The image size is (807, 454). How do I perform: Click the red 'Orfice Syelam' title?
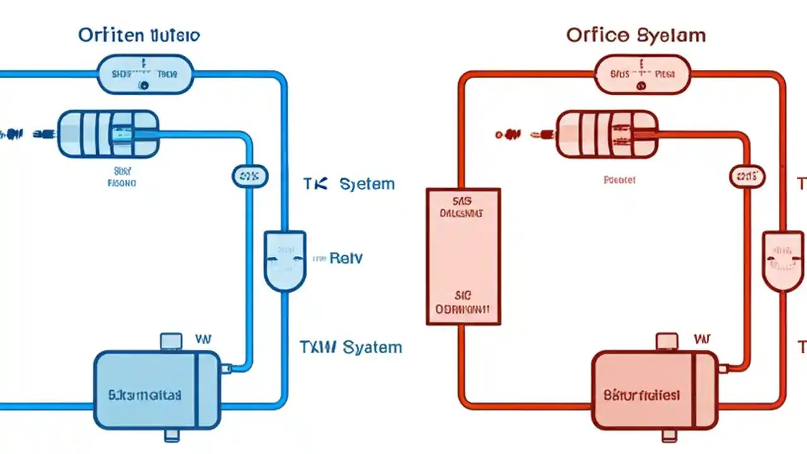(x=636, y=35)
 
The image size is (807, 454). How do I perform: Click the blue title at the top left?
(x=139, y=35)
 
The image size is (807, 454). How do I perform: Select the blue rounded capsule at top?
(x=144, y=74)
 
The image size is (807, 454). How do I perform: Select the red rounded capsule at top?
(x=643, y=74)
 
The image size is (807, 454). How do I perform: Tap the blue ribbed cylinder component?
(x=108, y=134)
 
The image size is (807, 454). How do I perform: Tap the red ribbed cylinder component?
(x=607, y=134)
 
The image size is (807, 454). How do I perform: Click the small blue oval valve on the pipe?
(x=250, y=177)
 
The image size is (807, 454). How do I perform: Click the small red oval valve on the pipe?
(x=747, y=177)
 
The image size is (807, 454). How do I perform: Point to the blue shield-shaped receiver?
(x=285, y=260)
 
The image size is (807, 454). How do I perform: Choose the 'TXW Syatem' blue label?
(x=351, y=347)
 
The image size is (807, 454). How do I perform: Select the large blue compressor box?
(x=156, y=390)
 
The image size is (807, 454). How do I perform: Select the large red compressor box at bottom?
(x=654, y=390)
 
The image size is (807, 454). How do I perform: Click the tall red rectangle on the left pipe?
(x=463, y=256)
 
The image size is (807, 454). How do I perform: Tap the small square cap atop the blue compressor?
(x=171, y=342)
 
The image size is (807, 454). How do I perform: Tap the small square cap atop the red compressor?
(x=668, y=342)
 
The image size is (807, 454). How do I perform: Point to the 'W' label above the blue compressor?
(x=204, y=339)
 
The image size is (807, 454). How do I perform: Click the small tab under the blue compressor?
(x=171, y=436)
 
